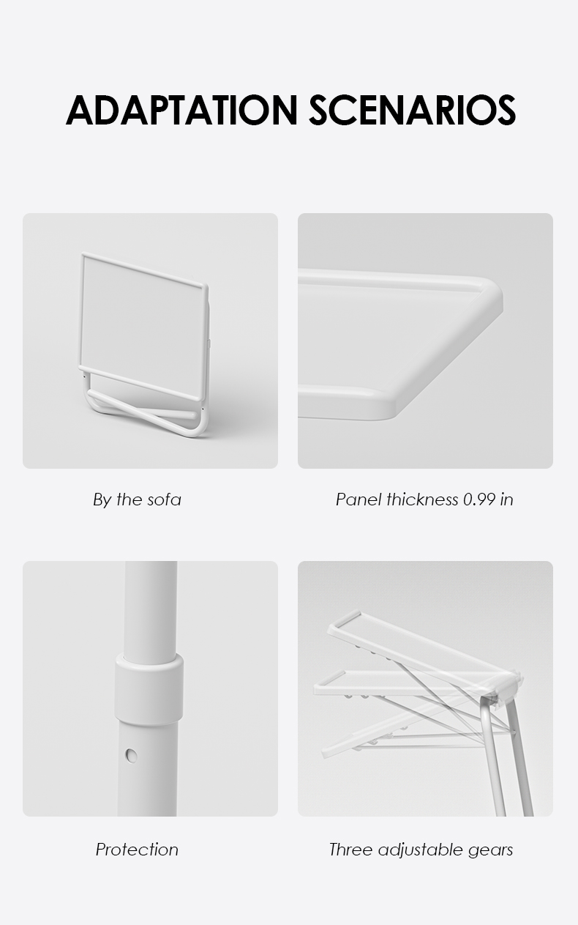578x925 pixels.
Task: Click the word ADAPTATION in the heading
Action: pyautogui.click(x=181, y=110)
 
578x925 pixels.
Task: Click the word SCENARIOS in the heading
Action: pyautogui.click(x=412, y=110)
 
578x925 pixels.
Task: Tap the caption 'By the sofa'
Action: pyautogui.click(x=137, y=499)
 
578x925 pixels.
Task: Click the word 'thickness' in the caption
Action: pyautogui.click(x=422, y=499)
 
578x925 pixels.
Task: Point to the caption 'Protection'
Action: pyautogui.click(x=137, y=850)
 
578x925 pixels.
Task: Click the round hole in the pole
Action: pyautogui.click(x=132, y=756)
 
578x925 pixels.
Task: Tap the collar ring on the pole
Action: pyautogui.click(x=149, y=690)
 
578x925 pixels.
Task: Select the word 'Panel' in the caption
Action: pyautogui.click(x=359, y=499)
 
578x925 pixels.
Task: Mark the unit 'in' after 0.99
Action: pyautogui.click(x=506, y=499)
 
